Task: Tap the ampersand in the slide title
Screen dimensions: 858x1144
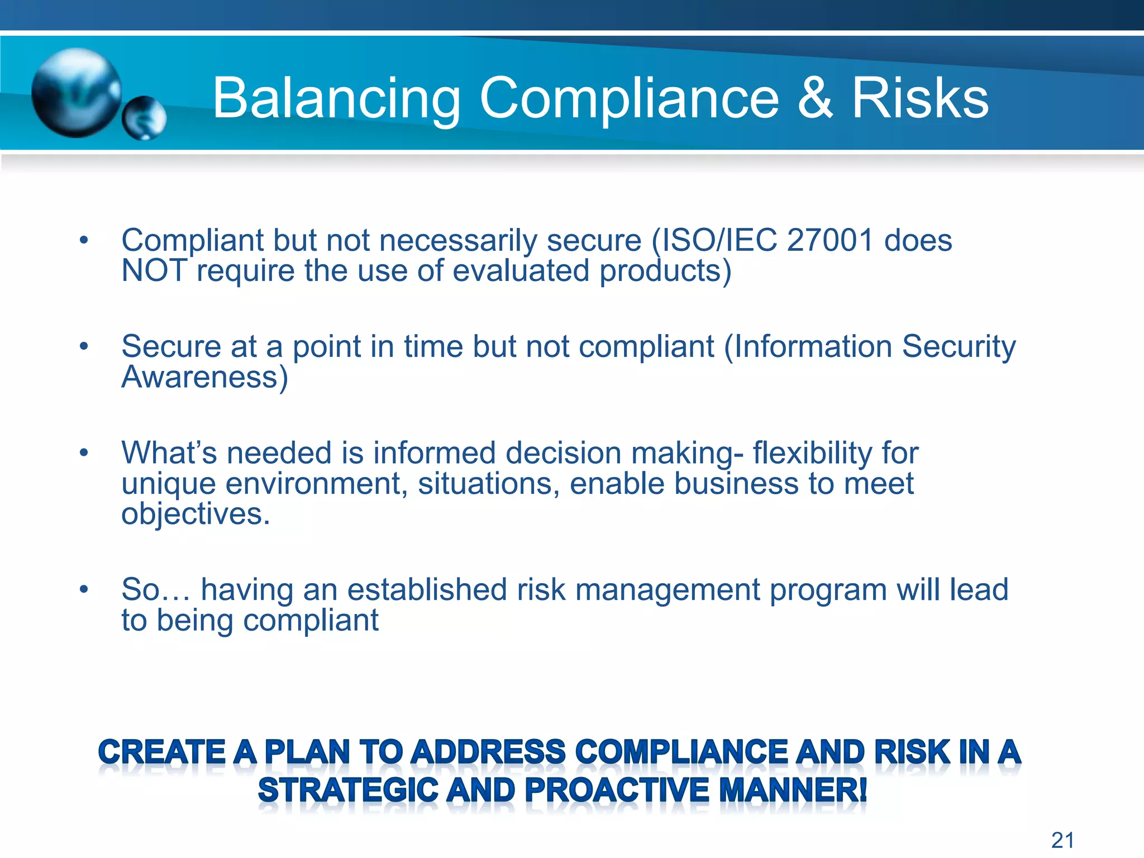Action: pyautogui.click(x=815, y=98)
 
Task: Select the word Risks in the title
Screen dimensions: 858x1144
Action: pyautogui.click(x=920, y=98)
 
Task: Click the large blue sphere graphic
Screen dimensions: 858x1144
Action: pyautogui.click(x=76, y=93)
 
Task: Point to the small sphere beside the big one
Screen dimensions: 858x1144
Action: pyautogui.click(x=144, y=118)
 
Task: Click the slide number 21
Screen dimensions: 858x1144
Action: pyautogui.click(x=1062, y=840)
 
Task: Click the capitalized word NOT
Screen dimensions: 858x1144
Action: pyautogui.click(x=154, y=271)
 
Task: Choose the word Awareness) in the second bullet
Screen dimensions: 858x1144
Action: pyautogui.click(x=204, y=377)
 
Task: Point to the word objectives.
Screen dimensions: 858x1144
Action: pyautogui.click(x=196, y=514)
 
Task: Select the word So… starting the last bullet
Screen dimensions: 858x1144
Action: pyautogui.click(x=156, y=590)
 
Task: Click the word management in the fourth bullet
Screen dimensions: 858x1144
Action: pyautogui.click(x=668, y=590)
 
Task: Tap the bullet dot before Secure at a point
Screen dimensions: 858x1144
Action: pyautogui.click(x=84, y=346)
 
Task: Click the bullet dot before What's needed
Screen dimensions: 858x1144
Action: pyautogui.click(x=84, y=452)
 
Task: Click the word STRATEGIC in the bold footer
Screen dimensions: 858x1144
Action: pyautogui.click(x=347, y=791)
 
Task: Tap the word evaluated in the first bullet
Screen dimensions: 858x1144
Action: pyautogui.click(x=521, y=271)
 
